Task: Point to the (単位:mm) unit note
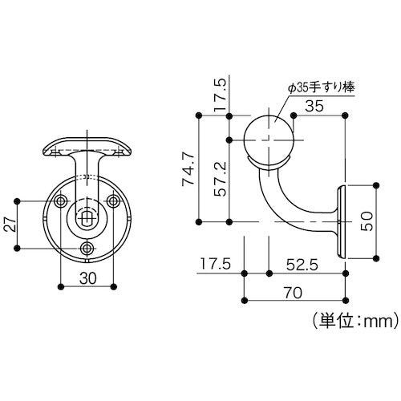click(348, 322)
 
